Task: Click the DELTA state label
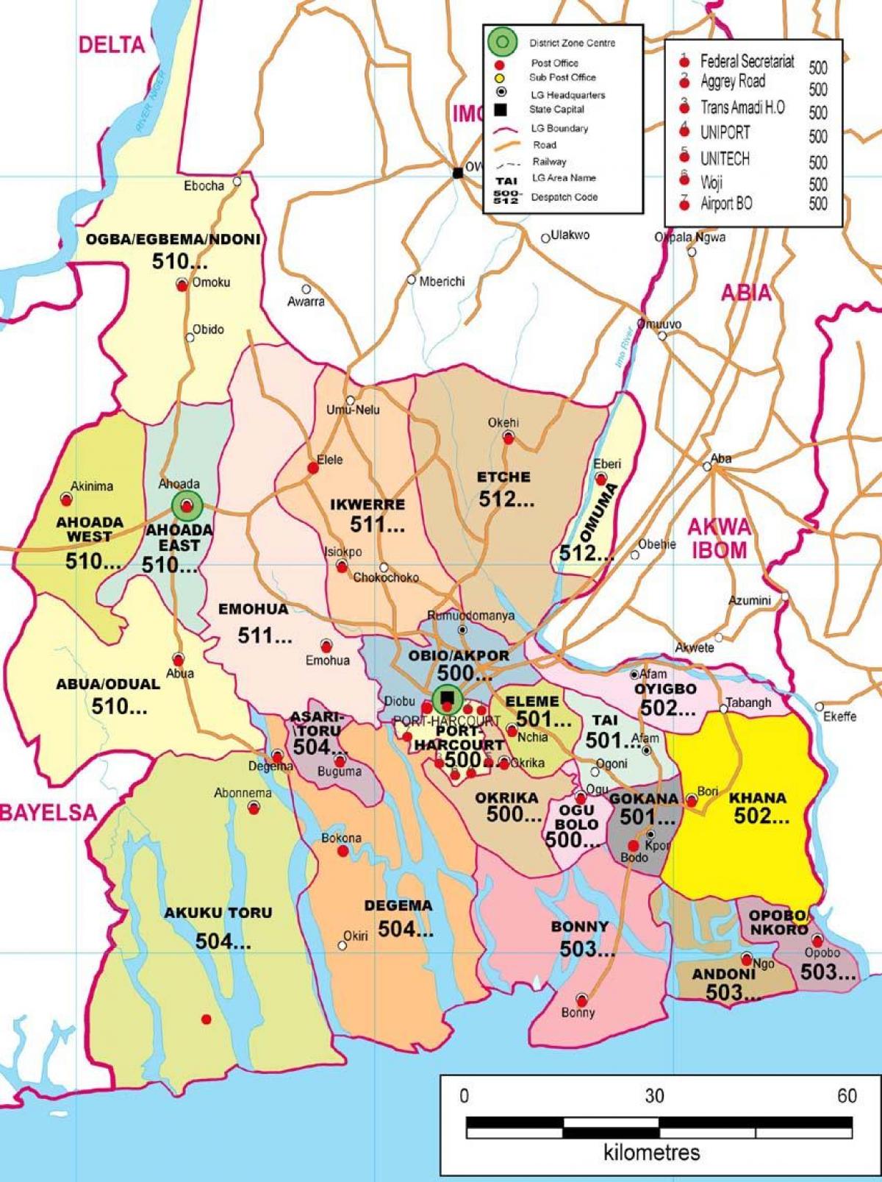tap(112, 45)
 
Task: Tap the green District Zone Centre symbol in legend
tap(500, 42)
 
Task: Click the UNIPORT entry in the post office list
tap(725, 132)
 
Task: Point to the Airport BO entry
tap(725, 204)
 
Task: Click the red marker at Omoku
tap(182, 285)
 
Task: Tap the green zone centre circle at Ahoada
tap(187, 505)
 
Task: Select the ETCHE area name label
tap(503, 477)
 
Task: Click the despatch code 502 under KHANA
tap(761, 816)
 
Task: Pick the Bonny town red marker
tap(582, 1000)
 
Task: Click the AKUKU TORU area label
tap(218, 913)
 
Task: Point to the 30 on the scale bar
tap(654, 1096)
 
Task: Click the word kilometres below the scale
tap(652, 1152)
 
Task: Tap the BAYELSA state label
tap(49, 812)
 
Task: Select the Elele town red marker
tap(312, 467)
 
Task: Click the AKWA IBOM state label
tap(719, 538)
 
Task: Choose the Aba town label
tap(721, 458)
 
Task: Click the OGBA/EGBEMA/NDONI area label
tap(173, 240)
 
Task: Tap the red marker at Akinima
tap(66, 499)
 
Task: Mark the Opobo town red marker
tap(817, 941)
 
